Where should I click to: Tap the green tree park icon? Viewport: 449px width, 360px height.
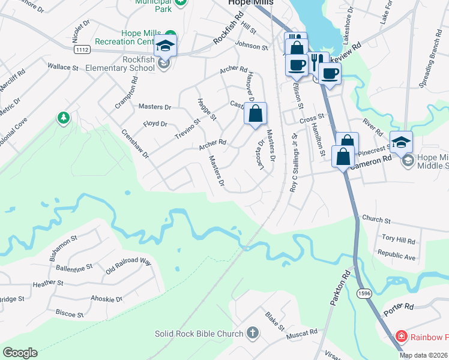tap(63, 118)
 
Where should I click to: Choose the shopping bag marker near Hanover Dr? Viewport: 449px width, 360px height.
tap(255, 114)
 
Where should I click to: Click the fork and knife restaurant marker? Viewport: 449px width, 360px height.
tap(318, 62)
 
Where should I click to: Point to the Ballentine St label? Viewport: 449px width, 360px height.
tap(71, 266)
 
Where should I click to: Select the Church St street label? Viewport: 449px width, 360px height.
tap(376, 220)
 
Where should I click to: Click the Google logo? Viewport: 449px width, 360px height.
tap(20, 353)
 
